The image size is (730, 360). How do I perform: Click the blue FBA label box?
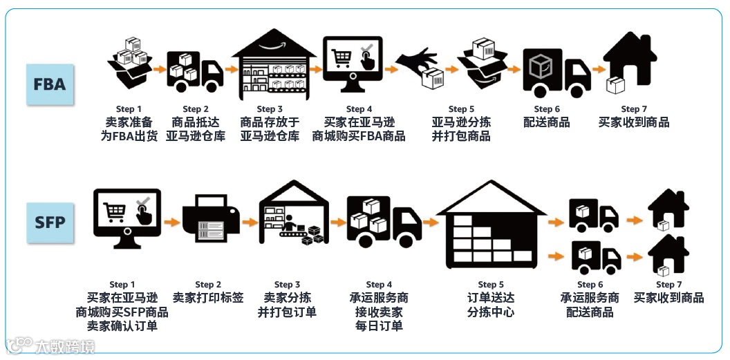tap(50, 84)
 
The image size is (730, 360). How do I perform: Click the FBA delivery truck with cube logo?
tap(556, 72)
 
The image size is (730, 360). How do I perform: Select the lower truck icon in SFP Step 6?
tap(595, 256)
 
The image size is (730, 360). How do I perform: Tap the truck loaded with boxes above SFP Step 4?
tap(384, 220)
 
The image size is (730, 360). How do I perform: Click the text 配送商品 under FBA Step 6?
tap(546, 122)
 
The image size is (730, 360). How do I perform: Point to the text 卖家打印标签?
tap(208, 298)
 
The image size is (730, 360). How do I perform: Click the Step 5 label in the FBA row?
tap(461, 109)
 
